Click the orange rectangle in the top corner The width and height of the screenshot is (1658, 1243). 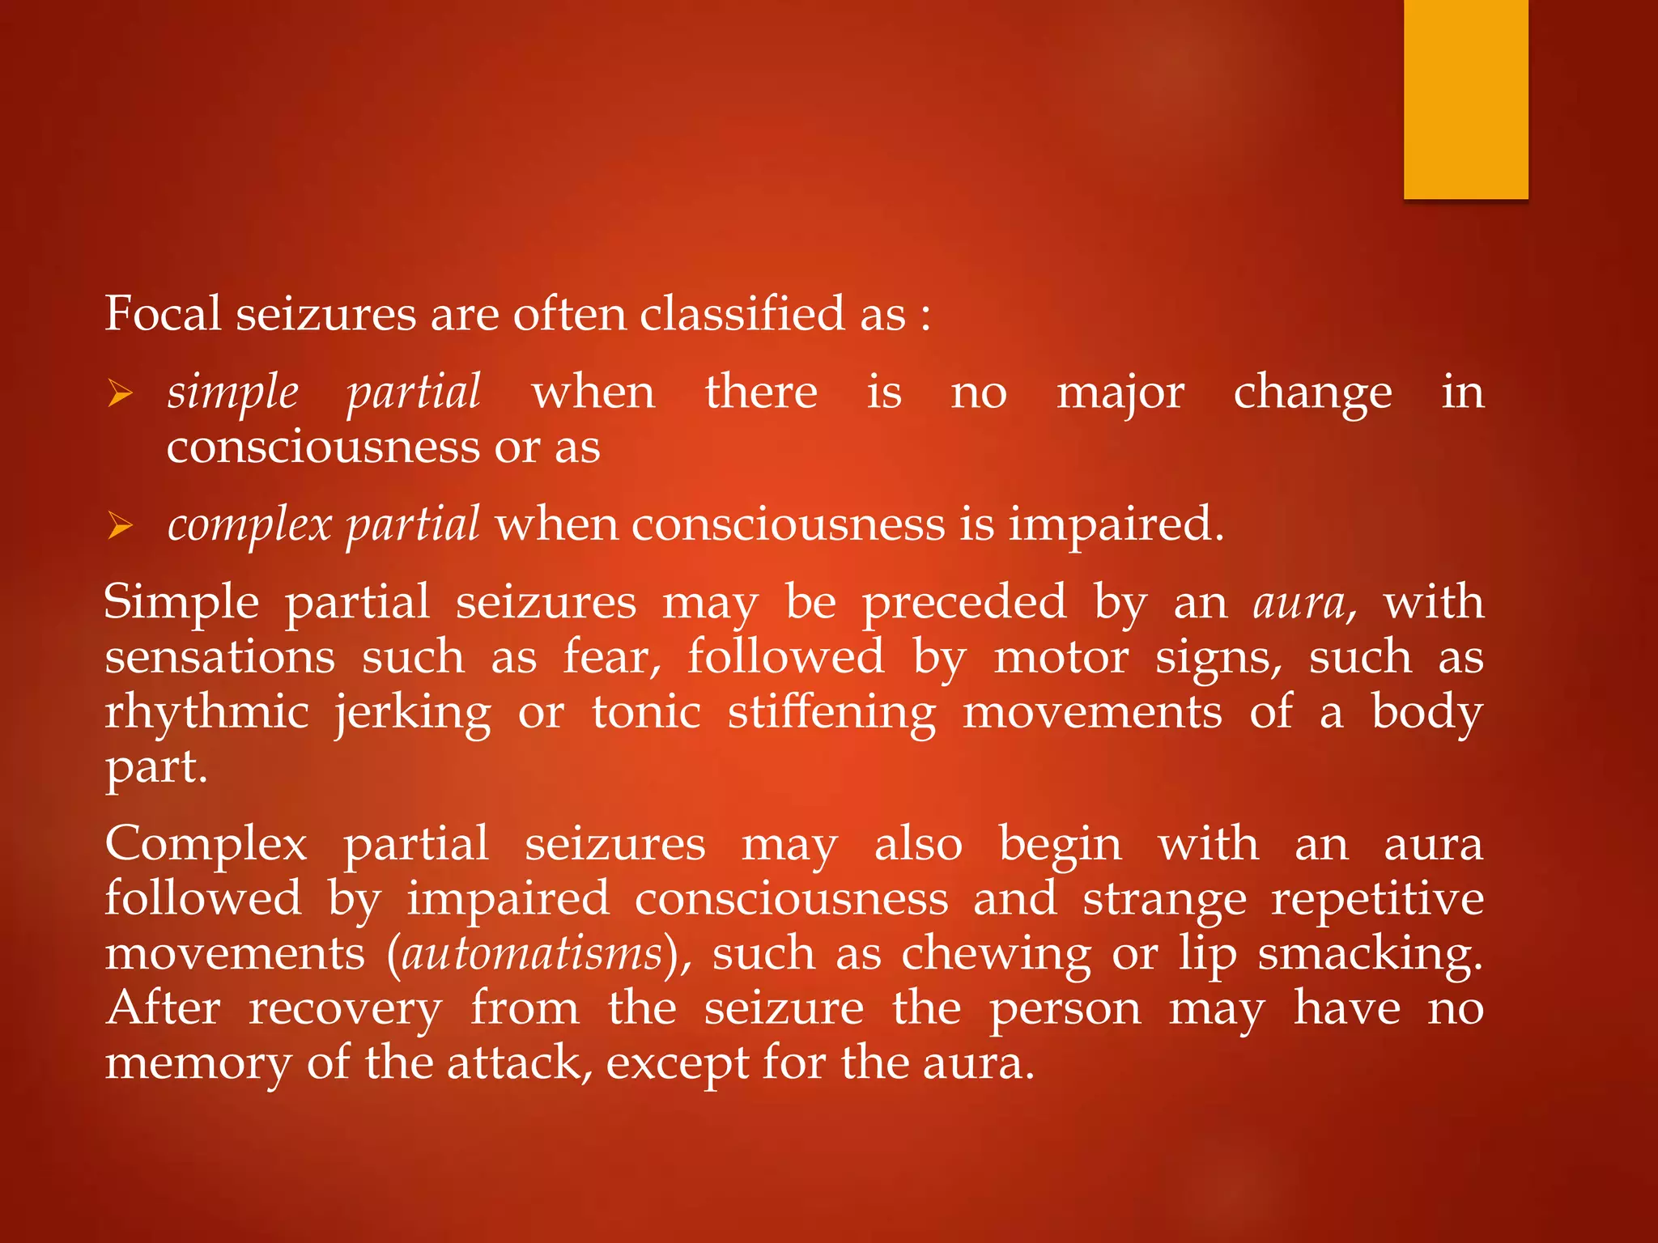(1465, 99)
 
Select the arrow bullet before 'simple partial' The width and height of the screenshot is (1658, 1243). (120, 394)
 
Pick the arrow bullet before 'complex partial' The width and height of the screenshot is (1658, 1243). (120, 527)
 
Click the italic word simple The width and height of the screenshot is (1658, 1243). (233, 393)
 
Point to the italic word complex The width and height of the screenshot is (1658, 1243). (249, 525)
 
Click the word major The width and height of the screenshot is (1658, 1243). (1120, 393)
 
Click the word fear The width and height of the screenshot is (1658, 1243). (611, 656)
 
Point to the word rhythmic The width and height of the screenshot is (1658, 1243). (206, 713)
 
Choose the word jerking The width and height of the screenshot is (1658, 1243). (413, 713)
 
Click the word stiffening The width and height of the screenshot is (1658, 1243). (831, 713)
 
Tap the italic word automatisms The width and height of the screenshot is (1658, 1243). (532, 953)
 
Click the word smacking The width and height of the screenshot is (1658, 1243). (1370, 953)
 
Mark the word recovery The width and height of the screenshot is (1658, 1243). (346, 1008)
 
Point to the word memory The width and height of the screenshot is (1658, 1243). (198, 1063)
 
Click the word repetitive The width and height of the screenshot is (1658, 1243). (1377, 898)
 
